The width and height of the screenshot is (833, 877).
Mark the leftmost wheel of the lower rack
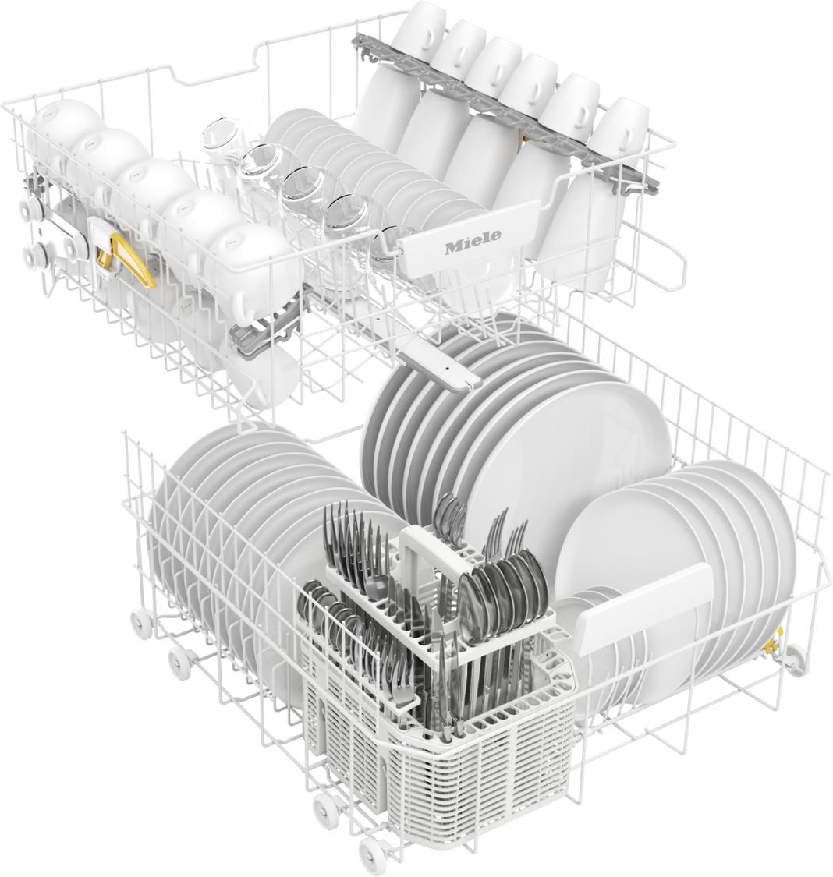pos(141,622)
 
